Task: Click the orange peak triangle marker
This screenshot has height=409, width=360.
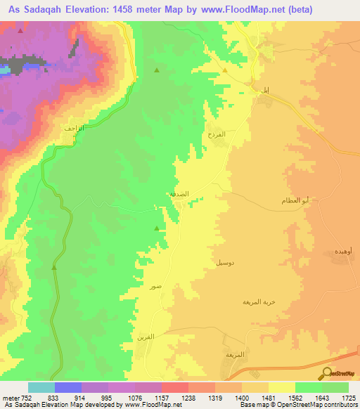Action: (225, 70)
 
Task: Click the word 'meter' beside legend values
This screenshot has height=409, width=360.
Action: (11, 397)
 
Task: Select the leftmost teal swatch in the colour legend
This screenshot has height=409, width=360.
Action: (41, 387)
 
